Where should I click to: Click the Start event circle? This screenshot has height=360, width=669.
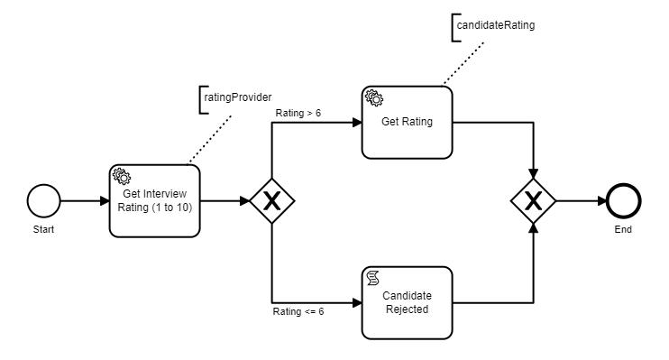[43, 200]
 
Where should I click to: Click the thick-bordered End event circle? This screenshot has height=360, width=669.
[624, 200]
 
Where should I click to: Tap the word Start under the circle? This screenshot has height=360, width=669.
[43, 229]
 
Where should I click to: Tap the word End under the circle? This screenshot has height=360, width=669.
[624, 229]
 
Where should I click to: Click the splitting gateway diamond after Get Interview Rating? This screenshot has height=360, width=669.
[272, 201]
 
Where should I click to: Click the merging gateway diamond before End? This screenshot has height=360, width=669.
[534, 201]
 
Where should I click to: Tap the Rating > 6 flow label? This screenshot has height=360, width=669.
[299, 113]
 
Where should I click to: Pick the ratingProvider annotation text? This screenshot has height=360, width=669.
[239, 97]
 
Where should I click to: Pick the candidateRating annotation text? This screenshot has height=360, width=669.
[495, 25]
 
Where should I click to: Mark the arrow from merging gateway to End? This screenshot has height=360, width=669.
[582, 200]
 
